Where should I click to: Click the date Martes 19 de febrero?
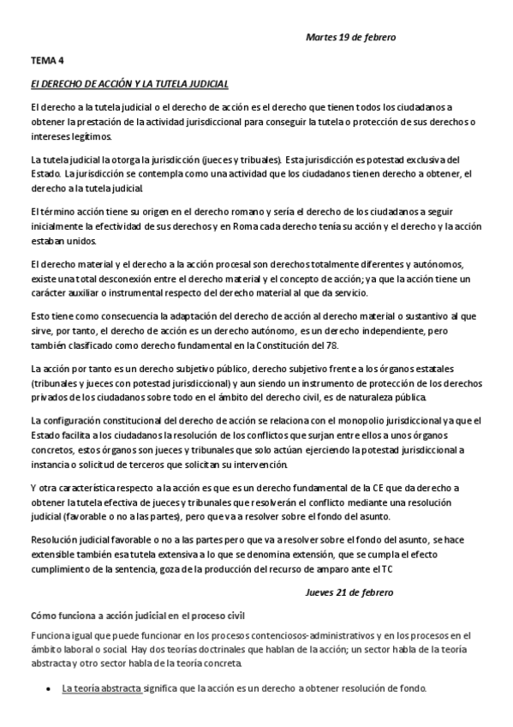(x=350, y=38)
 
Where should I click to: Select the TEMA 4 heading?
(x=46, y=61)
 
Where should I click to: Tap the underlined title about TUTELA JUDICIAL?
(x=128, y=84)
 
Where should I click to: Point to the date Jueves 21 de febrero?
(x=349, y=592)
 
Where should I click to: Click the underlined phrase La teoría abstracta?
(x=101, y=688)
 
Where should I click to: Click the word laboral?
(x=67, y=649)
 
